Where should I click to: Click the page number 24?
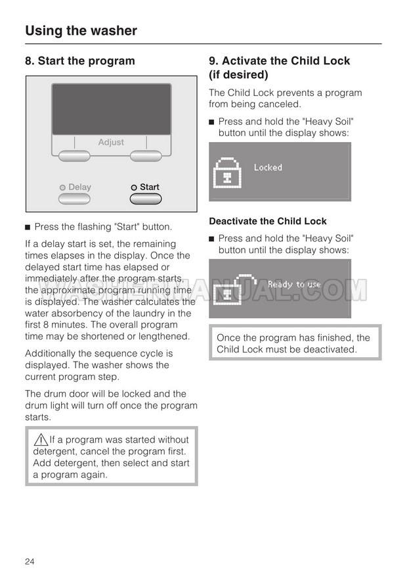coord(30,561)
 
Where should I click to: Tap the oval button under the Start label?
coord(146,199)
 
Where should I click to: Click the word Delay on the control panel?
coord(79,187)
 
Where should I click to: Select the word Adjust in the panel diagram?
coord(111,142)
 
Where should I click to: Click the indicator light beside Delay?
coord(62,187)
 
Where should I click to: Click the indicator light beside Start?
coord(133,187)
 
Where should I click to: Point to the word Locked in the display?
coord(268,168)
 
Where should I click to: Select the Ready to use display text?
coord(294,284)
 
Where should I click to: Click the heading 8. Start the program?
coord(79,61)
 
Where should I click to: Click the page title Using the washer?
coord(81,30)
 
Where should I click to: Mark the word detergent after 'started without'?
coord(54,451)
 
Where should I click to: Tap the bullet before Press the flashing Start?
coord(28,228)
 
